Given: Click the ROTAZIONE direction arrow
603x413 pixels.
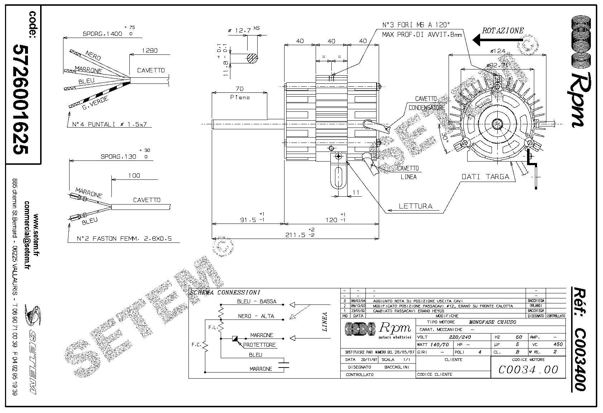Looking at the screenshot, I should [496, 40].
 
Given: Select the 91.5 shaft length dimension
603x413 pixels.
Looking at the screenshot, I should [248, 220].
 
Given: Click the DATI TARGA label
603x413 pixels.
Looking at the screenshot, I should [485, 177].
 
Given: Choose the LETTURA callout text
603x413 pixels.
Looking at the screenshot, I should [416, 206].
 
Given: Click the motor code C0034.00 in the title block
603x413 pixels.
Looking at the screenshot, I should [528, 369].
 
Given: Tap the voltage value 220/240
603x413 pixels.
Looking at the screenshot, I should [460, 337].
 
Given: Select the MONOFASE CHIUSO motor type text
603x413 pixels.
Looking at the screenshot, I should [492, 322].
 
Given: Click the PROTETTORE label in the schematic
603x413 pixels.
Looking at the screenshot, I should [259, 345].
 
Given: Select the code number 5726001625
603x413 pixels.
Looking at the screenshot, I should [20, 99].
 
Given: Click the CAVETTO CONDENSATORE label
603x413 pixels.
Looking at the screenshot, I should [426, 103].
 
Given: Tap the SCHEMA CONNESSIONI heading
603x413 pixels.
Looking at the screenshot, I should [225, 293].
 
